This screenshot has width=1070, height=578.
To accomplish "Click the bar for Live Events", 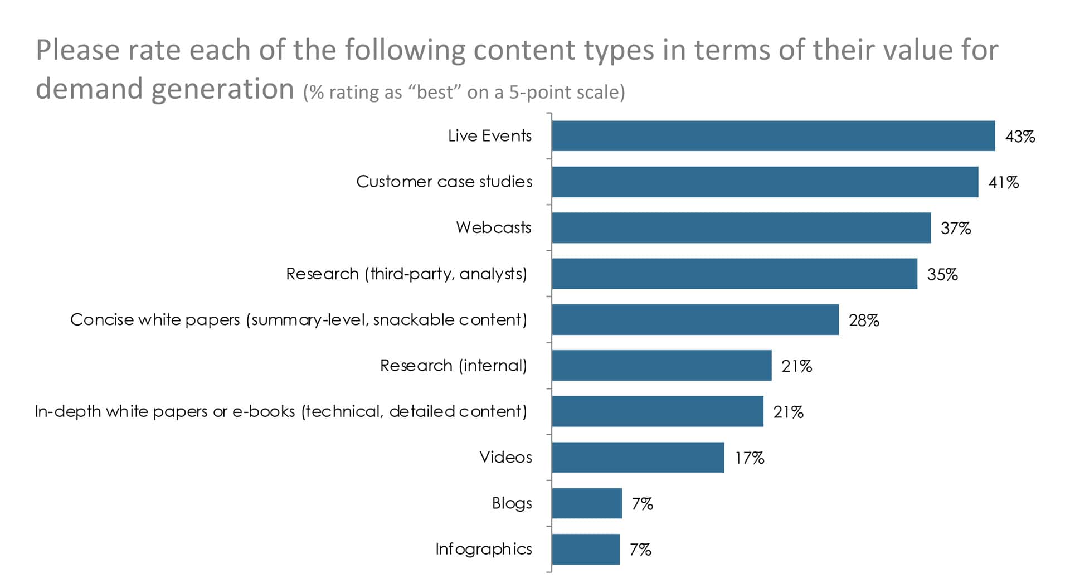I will pyautogui.click(x=773, y=136).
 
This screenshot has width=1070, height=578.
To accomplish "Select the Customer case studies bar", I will pyautogui.click(x=765, y=182).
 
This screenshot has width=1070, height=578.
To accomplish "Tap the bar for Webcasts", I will pyautogui.click(x=741, y=227).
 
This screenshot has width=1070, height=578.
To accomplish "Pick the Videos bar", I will pyautogui.click(x=638, y=458).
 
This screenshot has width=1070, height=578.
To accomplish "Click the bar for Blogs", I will pyautogui.click(x=587, y=503).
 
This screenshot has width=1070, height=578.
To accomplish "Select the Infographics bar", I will pyautogui.click(x=586, y=549).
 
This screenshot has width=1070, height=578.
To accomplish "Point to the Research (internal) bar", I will pyautogui.click(x=662, y=366).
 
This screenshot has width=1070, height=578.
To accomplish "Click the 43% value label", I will pyautogui.click(x=1020, y=137).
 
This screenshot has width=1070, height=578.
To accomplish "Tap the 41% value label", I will pyautogui.click(x=1003, y=182).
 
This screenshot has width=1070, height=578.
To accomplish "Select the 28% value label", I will pyautogui.click(x=864, y=320).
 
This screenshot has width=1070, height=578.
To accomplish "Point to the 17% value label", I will pyautogui.click(x=749, y=458).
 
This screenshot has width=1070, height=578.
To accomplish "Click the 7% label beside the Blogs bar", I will pyautogui.click(x=642, y=504).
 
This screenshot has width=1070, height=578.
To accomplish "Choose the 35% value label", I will pyautogui.click(x=942, y=274).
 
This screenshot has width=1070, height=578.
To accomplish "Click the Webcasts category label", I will pyautogui.click(x=493, y=227).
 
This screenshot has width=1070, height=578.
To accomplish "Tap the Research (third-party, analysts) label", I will pyautogui.click(x=406, y=274).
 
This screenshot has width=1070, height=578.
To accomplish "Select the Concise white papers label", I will pyautogui.click(x=298, y=319).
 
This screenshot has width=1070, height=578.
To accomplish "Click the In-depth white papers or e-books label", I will pyautogui.click(x=280, y=411).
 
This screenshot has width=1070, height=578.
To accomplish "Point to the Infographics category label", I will pyautogui.click(x=483, y=549).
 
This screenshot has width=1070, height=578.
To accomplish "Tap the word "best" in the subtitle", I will pyautogui.click(x=435, y=92).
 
